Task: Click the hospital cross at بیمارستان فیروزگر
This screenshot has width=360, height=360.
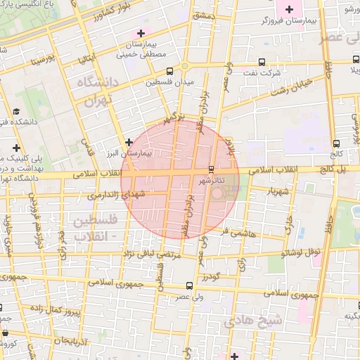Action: [x=289, y=8]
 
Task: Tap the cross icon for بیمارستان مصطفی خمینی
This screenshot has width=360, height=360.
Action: [x=141, y=33]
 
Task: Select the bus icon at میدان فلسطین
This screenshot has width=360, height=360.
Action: [x=169, y=71]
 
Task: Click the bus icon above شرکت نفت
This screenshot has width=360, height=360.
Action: [x=263, y=61]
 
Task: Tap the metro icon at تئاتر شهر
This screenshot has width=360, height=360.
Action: [x=212, y=169]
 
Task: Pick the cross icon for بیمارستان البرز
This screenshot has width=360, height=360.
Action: [x=129, y=141]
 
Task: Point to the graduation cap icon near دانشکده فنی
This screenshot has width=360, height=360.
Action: [x=15, y=111]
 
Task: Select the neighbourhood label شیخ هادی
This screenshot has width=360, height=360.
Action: [x=253, y=321]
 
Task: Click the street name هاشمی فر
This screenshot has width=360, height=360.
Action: [x=235, y=231]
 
